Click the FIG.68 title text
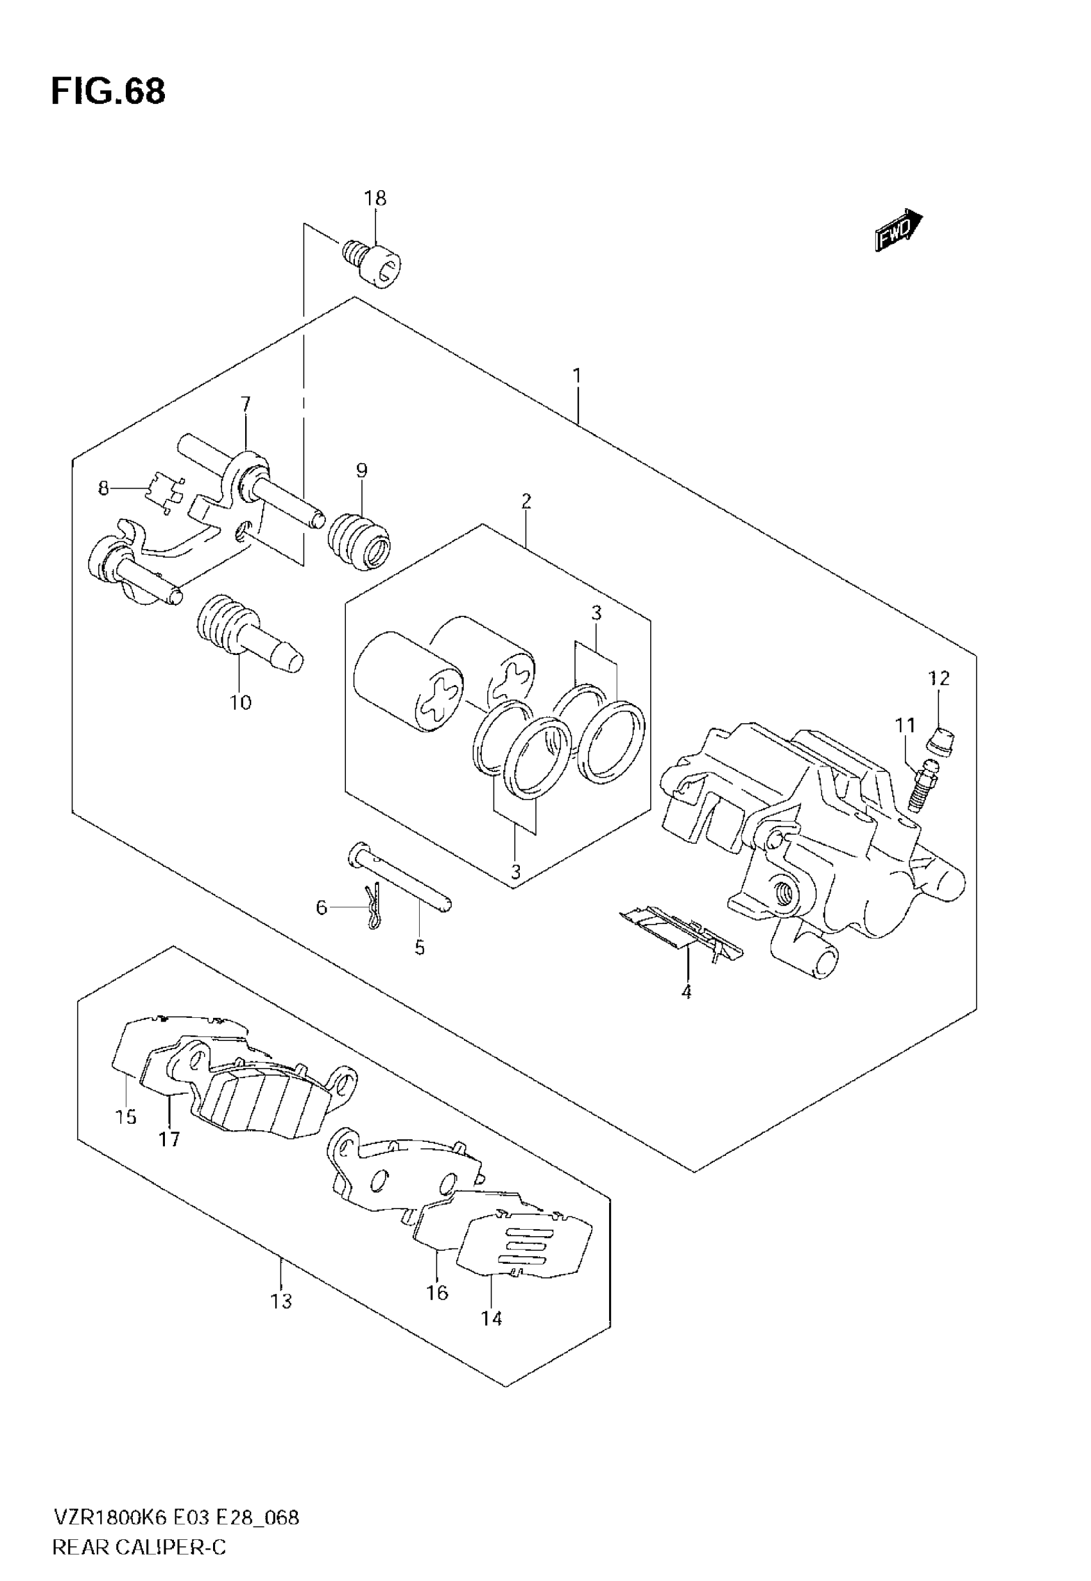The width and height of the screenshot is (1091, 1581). [108, 91]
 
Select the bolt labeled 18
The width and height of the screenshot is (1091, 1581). [374, 261]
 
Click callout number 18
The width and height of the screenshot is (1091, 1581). [375, 198]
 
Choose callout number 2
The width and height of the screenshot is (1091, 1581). [526, 502]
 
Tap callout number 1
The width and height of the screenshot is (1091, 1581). [577, 376]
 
